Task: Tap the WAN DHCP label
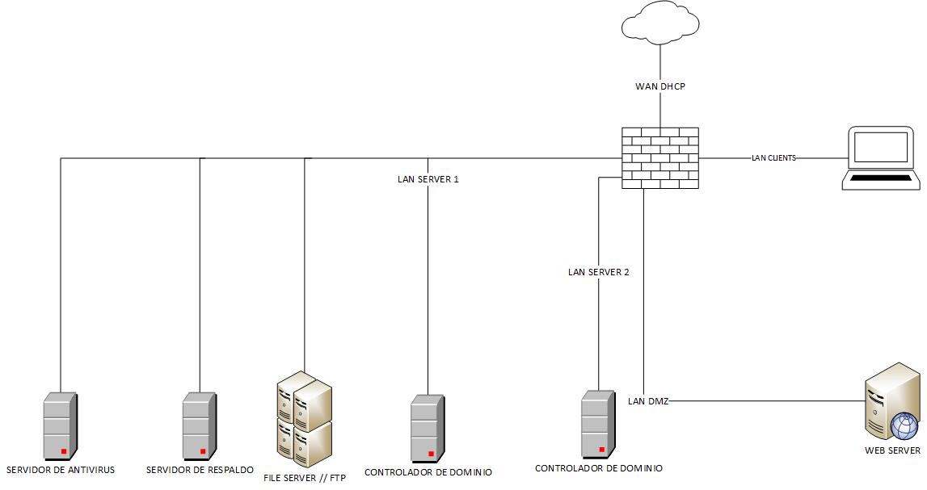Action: [660, 86]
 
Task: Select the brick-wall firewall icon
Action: [660, 158]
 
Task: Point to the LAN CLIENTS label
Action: [773, 158]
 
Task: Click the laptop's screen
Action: [881, 148]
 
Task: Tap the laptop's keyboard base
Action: [881, 180]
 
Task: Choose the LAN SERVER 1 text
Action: [428, 179]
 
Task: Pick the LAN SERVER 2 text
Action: [598, 272]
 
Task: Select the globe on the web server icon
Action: [904, 425]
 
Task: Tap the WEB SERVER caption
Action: [892, 450]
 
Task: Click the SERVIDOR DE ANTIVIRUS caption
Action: [61, 470]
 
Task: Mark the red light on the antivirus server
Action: [63, 450]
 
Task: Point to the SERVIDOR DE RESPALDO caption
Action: [200, 470]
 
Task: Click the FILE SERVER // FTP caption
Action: [305, 478]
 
